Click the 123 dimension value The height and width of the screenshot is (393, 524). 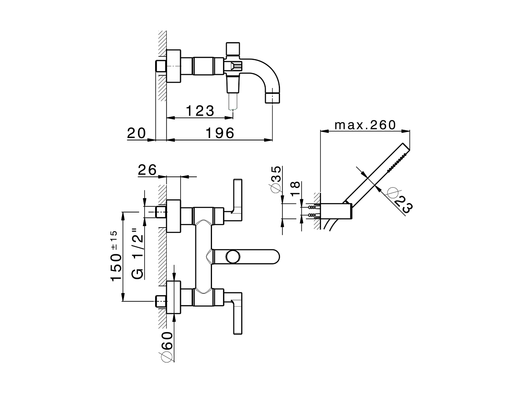[200, 111]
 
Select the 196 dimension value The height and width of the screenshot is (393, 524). [219, 133]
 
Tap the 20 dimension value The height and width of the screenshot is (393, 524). [136, 133]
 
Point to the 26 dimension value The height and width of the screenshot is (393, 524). [147, 169]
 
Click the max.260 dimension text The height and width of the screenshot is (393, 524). [365, 124]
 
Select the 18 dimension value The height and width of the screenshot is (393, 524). [296, 190]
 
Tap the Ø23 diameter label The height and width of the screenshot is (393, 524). [400, 200]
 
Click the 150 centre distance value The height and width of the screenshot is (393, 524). [116, 267]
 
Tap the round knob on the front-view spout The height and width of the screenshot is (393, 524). [233, 257]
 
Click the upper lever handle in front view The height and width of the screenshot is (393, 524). [237, 196]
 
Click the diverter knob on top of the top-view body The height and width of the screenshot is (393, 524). [233, 48]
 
